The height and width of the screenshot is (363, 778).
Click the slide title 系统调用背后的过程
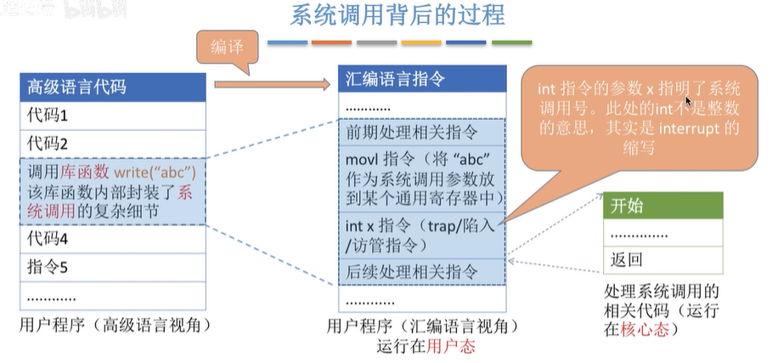coord(397,15)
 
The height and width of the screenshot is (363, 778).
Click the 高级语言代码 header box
coord(112,87)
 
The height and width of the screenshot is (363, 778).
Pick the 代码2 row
coord(112,142)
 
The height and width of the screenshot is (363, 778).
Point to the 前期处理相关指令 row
coord(422,133)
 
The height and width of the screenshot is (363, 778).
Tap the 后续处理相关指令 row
coord(422,272)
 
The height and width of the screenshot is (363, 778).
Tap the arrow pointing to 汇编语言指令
coord(272,84)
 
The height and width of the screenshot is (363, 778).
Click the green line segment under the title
coord(511,43)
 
